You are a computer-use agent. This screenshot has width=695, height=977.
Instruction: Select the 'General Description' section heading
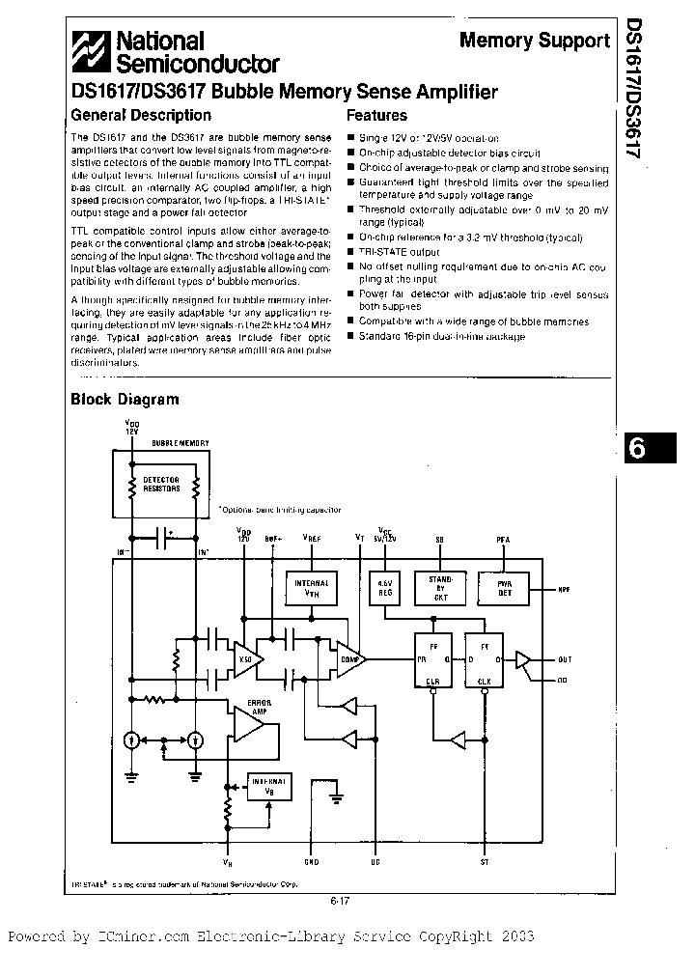(x=141, y=115)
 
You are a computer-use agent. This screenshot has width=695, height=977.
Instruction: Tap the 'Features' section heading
(x=380, y=115)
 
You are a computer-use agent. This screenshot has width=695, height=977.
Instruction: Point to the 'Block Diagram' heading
(x=125, y=399)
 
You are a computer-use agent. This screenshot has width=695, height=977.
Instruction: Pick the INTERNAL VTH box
(x=311, y=588)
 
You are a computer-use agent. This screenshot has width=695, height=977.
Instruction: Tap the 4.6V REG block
(x=385, y=587)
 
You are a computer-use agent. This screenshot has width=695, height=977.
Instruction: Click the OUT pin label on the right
(x=564, y=659)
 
